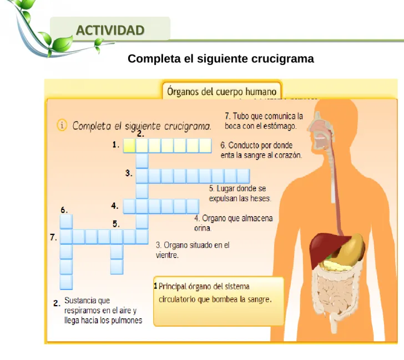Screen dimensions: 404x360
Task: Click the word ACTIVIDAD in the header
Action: click(110, 30)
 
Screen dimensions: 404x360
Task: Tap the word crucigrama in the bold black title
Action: click(282, 59)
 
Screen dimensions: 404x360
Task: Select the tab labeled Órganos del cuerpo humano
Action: click(222, 91)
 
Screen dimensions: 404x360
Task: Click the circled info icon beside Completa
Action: click(62, 125)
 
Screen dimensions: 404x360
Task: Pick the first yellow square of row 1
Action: click(129, 146)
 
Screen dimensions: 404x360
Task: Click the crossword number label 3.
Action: click(129, 173)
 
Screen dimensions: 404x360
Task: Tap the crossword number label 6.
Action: click(64, 210)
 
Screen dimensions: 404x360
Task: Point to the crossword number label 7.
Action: click(53, 237)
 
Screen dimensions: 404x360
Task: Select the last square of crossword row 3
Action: click(243, 177)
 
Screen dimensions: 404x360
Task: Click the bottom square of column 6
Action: click(66, 282)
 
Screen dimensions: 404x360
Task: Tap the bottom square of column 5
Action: click(117, 267)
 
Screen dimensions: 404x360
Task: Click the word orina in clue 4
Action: click(203, 228)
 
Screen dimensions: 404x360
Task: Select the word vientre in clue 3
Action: click(167, 255)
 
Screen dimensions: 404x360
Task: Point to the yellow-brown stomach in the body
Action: click(350, 249)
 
